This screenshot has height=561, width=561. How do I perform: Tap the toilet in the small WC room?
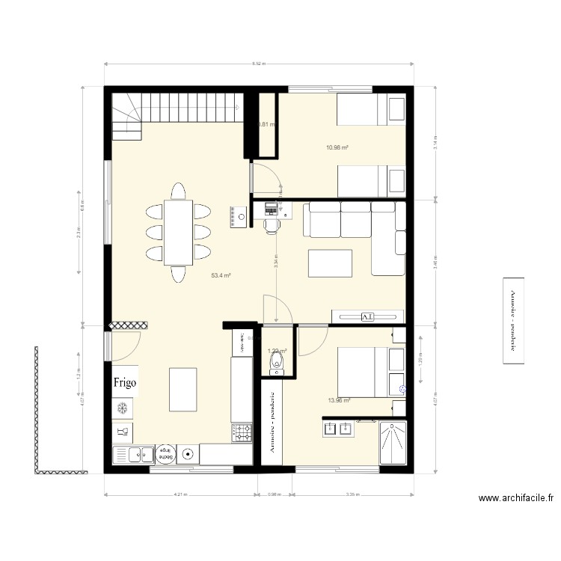click(278, 364)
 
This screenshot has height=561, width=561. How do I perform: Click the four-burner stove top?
click(243, 432)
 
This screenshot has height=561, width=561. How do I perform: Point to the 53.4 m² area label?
click(221, 275)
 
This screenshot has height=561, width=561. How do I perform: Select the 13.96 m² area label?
click(339, 400)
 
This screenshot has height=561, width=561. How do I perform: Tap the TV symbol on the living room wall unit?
click(367, 316)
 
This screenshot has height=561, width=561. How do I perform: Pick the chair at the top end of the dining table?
click(179, 191)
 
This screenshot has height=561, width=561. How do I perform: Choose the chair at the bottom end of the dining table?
click(179, 274)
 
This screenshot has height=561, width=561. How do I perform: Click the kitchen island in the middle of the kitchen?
click(183, 389)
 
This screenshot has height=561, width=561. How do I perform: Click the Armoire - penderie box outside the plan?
click(514, 321)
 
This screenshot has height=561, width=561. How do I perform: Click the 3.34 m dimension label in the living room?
click(276, 263)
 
